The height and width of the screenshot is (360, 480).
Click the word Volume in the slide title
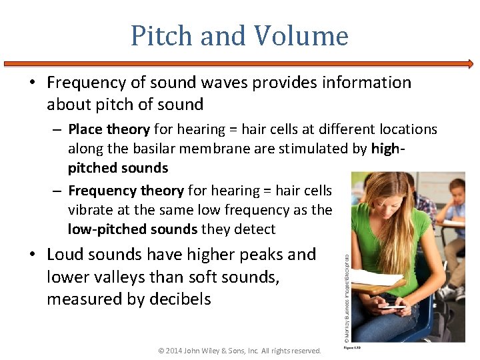307,36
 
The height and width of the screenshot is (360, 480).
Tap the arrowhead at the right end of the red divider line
470,64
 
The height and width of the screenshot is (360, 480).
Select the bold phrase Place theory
110,129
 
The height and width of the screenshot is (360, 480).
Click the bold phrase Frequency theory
125,191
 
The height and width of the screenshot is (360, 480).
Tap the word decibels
179,299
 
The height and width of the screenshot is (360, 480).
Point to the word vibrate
91,210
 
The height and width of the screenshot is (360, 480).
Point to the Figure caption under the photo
353,347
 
